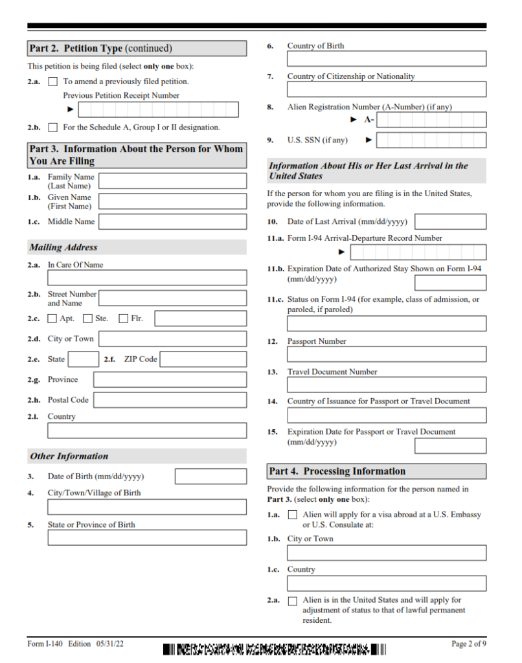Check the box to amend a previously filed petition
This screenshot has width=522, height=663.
[x=53, y=82]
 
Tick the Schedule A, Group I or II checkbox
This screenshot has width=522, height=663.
[x=53, y=128]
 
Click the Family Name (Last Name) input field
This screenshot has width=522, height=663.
[x=172, y=181]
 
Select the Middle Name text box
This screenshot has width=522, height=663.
[x=172, y=221]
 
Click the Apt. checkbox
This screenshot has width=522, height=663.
[x=52, y=319]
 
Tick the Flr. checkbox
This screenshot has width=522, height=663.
[x=123, y=319]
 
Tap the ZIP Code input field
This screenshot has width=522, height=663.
[x=203, y=359]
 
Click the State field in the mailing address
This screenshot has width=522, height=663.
[x=84, y=359]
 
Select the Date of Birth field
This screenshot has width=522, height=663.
[x=210, y=477]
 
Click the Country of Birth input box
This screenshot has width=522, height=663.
[x=387, y=59]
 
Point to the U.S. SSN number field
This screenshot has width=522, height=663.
[x=431, y=140]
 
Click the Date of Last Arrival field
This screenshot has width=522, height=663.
[x=455, y=221]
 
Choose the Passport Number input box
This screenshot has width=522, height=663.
[x=387, y=354]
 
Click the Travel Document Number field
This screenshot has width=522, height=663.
[x=387, y=385]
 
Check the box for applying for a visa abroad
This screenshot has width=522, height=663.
[x=293, y=515]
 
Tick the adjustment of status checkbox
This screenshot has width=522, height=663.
[x=293, y=601]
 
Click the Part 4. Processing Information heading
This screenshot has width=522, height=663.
[x=337, y=471]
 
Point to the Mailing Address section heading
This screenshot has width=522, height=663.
[x=63, y=247]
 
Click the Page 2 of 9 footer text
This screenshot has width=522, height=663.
[x=468, y=644]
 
